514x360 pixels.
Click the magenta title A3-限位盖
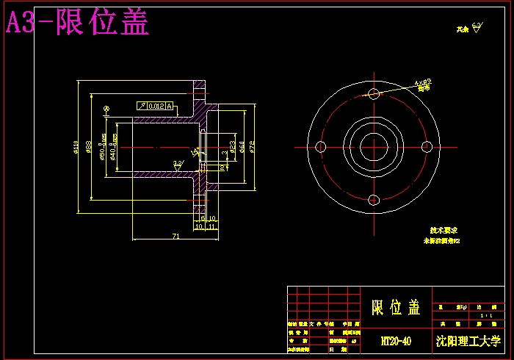[x=77, y=23]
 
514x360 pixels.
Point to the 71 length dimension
[x=175, y=236]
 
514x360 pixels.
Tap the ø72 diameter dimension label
[x=251, y=147]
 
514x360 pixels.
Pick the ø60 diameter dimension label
[x=242, y=147]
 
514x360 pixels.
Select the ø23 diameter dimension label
[x=232, y=147]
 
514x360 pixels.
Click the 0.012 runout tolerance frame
[x=155, y=107]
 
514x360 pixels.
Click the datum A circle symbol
[x=107, y=109]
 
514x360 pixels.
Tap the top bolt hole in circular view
[x=374, y=93]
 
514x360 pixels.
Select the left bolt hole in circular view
[x=320, y=146]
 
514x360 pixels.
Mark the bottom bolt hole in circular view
[x=374, y=200]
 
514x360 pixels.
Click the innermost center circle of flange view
[x=374, y=146]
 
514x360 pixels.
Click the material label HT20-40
[x=396, y=342]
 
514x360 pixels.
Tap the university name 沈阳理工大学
[x=468, y=342]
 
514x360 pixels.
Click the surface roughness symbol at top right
[x=477, y=29]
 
